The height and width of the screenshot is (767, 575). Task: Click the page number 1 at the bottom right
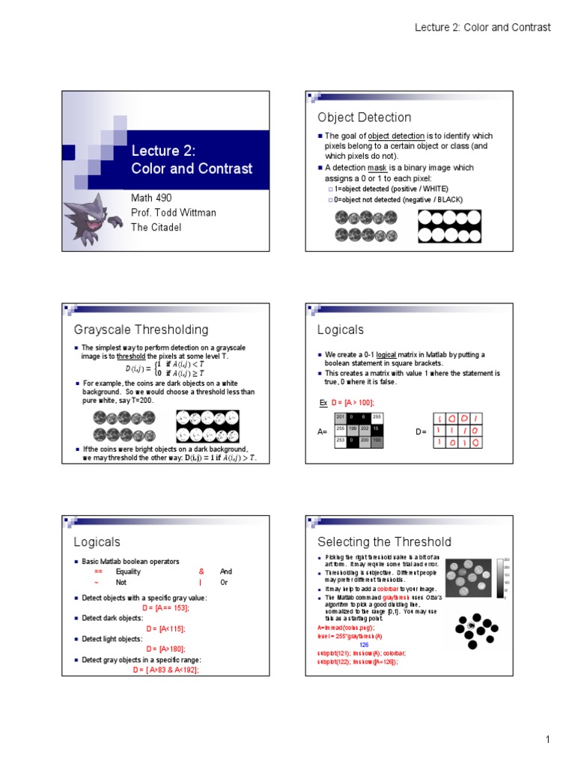click(547, 740)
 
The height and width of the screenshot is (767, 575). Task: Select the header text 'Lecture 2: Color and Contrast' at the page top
click(483, 27)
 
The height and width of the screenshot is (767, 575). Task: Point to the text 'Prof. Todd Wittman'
click(174, 213)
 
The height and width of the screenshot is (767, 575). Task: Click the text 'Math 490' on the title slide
click(151, 198)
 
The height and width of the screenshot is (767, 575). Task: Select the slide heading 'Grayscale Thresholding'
click(141, 330)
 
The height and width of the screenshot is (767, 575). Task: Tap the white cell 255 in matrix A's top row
click(376, 416)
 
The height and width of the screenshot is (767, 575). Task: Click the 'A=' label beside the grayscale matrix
click(323, 432)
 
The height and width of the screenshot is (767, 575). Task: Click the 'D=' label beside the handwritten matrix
click(421, 432)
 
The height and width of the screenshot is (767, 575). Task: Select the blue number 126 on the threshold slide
click(364, 644)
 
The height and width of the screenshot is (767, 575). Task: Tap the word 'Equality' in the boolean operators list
click(128, 572)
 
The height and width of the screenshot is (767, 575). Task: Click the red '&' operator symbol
click(201, 572)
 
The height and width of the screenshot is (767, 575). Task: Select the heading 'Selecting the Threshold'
click(384, 542)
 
